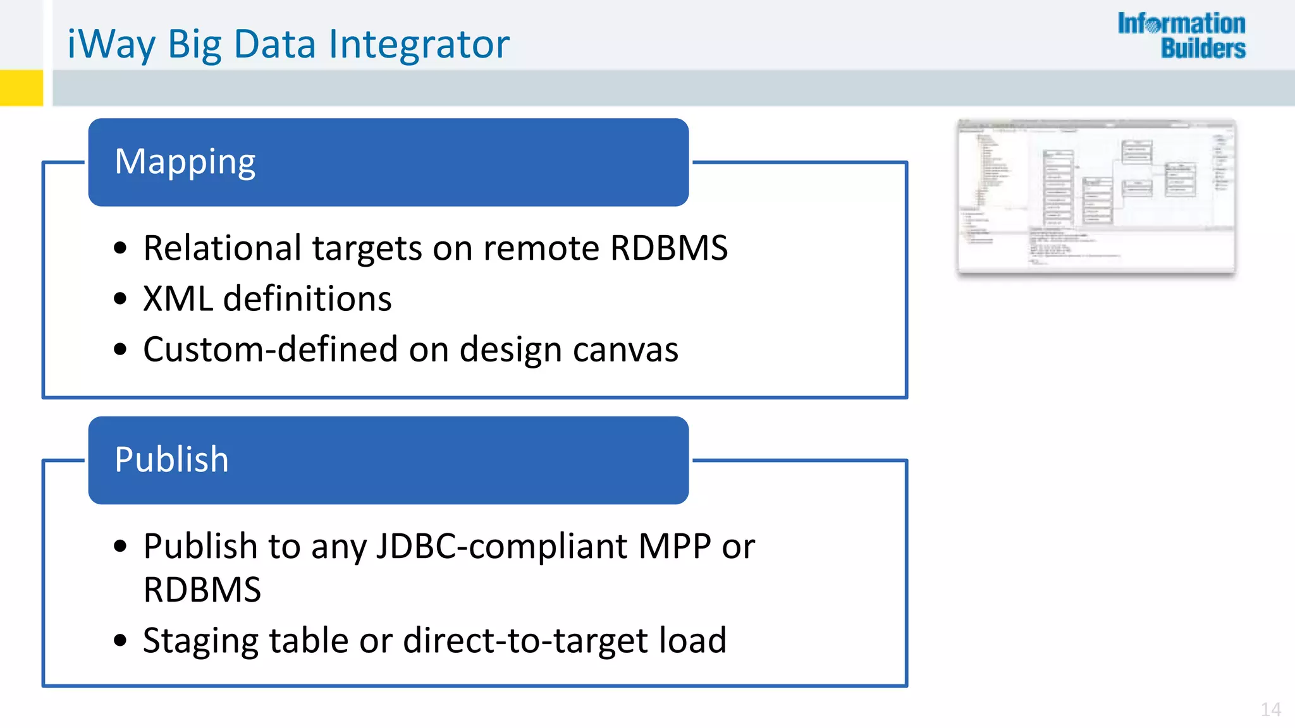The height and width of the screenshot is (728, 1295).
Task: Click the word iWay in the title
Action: (111, 45)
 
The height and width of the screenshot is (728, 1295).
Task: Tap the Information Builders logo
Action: (1181, 36)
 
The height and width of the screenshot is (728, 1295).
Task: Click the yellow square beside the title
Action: (21, 88)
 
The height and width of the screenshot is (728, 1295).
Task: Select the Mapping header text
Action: (185, 162)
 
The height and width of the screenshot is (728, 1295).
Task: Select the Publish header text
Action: (171, 459)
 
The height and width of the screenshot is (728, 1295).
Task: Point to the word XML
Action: (178, 299)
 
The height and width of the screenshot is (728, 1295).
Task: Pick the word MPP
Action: (674, 546)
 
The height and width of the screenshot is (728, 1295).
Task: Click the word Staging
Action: (200, 641)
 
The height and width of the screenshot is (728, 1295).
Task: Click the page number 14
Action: (1270, 710)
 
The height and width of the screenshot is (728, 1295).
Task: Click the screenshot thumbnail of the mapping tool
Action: (1096, 197)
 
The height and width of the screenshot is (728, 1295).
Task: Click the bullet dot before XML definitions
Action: (120, 299)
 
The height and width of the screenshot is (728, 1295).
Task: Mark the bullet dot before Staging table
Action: (120, 641)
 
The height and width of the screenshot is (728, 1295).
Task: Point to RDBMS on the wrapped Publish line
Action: (202, 590)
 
